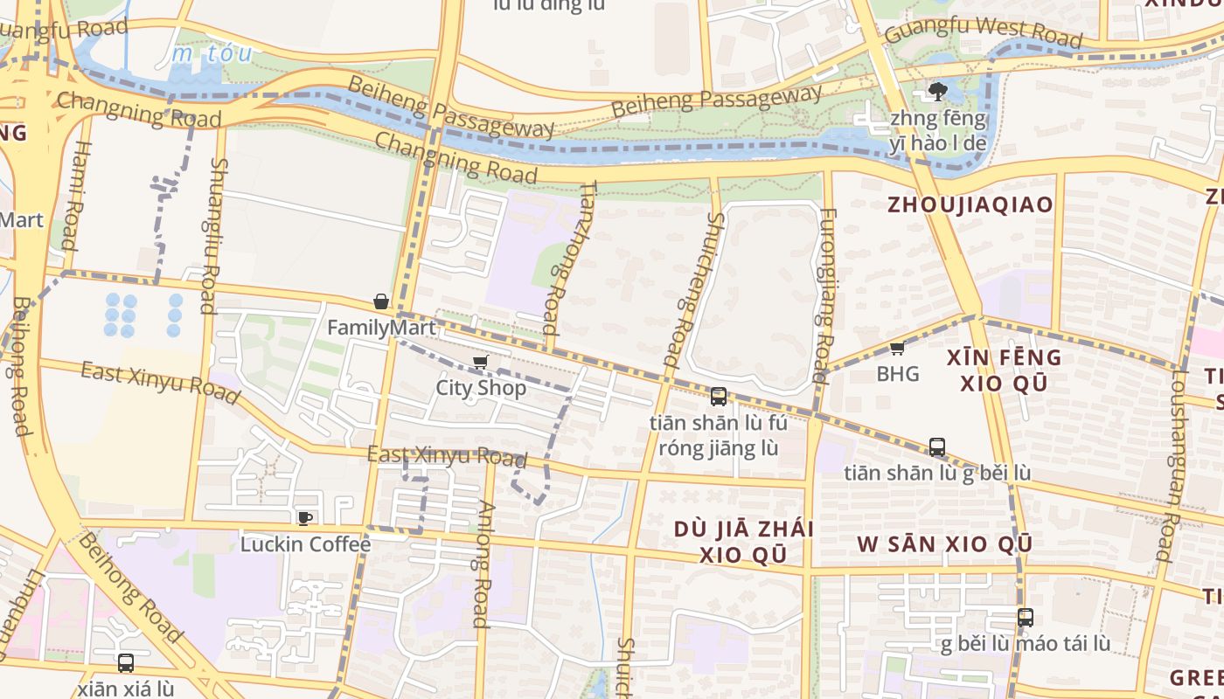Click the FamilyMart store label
click(x=381, y=328)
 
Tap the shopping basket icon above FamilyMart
click(x=381, y=302)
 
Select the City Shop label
click(x=481, y=387)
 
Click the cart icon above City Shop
click(x=480, y=363)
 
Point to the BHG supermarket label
click(x=898, y=374)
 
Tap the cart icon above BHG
click(x=897, y=349)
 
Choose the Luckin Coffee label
click(x=306, y=544)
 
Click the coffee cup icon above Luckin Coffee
click(x=305, y=518)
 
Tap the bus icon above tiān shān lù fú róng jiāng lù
click(x=718, y=397)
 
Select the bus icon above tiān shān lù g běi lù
click(x=937, y=447)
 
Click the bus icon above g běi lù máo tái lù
click(x=1026, y=618)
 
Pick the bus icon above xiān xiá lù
click(x=126, y=663)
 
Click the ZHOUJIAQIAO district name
click(x=970, y=205)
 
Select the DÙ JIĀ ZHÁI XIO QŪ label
click(x=744, y=542)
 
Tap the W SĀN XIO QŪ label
click(x=944, y=544)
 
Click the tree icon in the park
click(x=938, y=92)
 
